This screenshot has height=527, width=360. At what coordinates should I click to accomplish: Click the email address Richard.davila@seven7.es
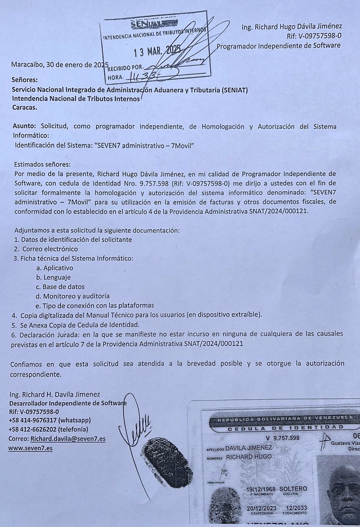[x=68, y=439]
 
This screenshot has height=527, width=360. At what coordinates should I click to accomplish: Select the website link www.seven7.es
[x=30, y=448]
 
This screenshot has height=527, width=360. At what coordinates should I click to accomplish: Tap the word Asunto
[x=24, y=126]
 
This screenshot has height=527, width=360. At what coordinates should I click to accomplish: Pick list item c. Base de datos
[x=60, y=287]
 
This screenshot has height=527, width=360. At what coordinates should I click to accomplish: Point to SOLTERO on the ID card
[x=293, y=489]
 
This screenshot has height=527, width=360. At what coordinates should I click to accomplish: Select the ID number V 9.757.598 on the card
[x=283, y=438]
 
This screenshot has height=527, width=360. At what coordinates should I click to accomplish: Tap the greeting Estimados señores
[x=42, y=165]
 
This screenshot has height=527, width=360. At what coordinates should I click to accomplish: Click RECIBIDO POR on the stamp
[x=125, y=68]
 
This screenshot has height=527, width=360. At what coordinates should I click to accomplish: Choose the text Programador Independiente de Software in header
[x=279, y=45]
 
